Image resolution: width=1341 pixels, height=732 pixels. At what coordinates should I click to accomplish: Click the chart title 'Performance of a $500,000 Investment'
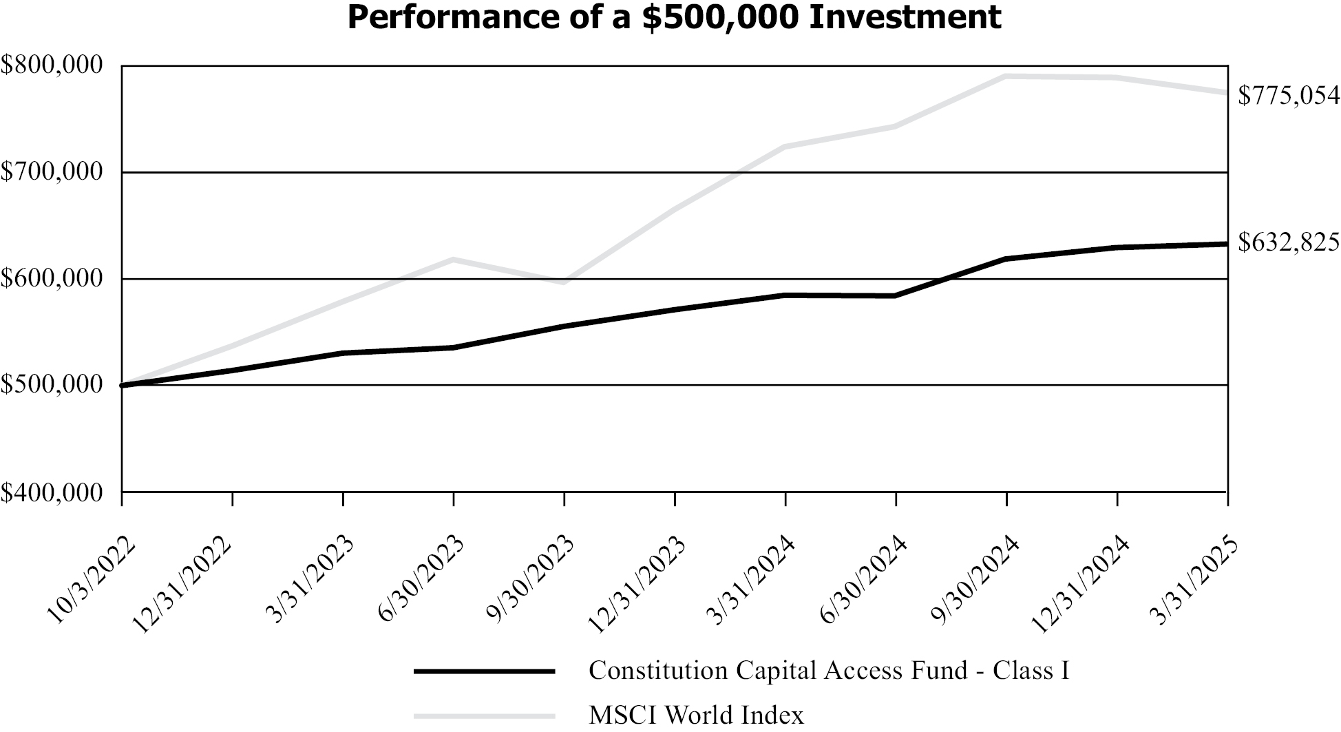[x=674, y=17]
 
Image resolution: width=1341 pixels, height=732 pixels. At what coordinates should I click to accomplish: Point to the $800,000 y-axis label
[x=51, y=65]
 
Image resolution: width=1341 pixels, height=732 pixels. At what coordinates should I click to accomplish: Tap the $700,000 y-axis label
[x=51, y=171]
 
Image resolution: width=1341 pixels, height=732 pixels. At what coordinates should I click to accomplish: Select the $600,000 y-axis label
[x=51, y=278]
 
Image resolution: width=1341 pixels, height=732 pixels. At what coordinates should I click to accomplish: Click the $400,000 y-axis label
[x=51, y=492]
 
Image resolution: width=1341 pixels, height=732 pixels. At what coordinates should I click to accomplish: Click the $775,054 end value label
[x=1289, y=96]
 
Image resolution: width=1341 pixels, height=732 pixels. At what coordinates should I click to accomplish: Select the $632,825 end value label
[x=1289, y=242]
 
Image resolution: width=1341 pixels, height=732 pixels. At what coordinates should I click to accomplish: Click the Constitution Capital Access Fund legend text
[x=829, y=671]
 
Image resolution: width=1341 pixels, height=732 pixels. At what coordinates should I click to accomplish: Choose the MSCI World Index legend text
[x=696, y=715]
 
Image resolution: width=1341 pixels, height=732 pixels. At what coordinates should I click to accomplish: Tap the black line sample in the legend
[x=484, y=671]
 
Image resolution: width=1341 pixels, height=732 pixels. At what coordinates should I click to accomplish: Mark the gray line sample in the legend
[x=484, y=715]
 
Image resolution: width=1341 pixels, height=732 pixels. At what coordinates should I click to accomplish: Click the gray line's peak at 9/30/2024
[x=1006, y=76]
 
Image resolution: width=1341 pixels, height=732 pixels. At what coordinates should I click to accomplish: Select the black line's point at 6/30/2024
[x=896, y=296]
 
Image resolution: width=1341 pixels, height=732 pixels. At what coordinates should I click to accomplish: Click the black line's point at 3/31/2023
[x=343, y=353]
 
